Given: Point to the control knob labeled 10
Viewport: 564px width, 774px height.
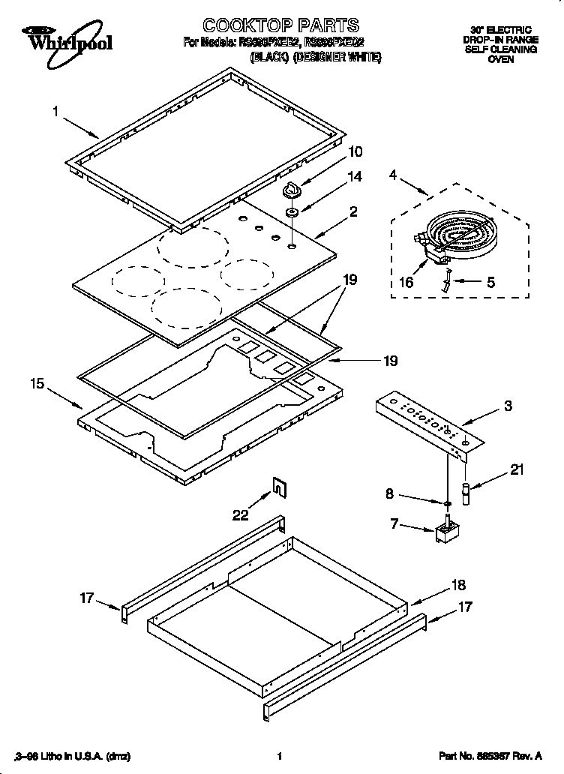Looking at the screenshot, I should (292, 192).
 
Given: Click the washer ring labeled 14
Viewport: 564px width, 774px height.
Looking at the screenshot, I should (292, 214).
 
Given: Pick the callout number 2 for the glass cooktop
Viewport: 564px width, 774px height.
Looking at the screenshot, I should (354, 212).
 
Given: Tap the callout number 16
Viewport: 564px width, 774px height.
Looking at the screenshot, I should (407, 282).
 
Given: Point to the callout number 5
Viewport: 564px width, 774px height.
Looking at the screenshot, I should (490, 283).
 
